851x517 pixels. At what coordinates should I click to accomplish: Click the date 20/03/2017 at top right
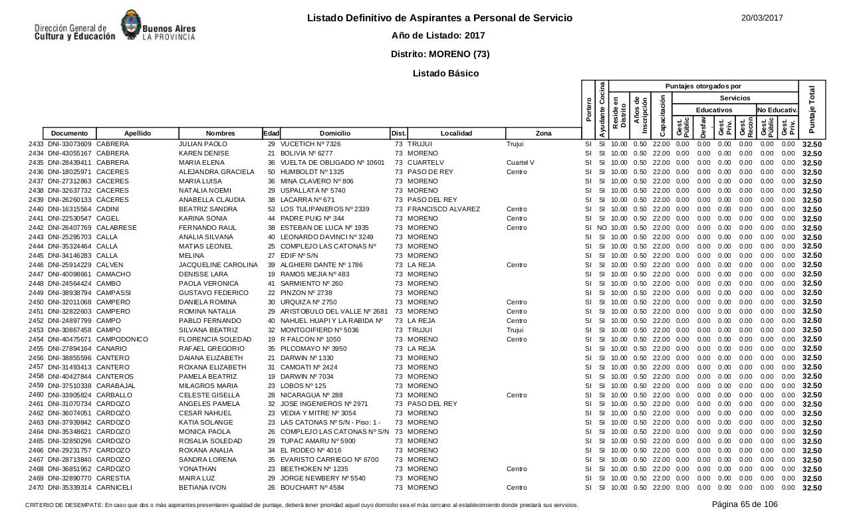762,18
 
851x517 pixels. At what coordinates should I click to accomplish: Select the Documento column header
69,134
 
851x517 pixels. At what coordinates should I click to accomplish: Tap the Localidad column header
456,134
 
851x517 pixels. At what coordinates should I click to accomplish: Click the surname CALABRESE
116,228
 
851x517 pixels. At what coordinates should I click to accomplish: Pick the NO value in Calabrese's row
602,228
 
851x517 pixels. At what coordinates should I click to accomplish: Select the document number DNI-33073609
70,144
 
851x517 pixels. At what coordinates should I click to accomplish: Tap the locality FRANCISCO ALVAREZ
443,209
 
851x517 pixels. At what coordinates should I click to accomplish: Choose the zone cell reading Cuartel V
520,163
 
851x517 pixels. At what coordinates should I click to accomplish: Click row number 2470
36,488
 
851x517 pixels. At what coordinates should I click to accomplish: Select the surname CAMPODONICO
122,339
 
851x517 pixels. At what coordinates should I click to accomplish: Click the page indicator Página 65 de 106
745,504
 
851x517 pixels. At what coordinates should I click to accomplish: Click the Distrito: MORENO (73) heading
439,54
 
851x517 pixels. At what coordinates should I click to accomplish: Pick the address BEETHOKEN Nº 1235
314,469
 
